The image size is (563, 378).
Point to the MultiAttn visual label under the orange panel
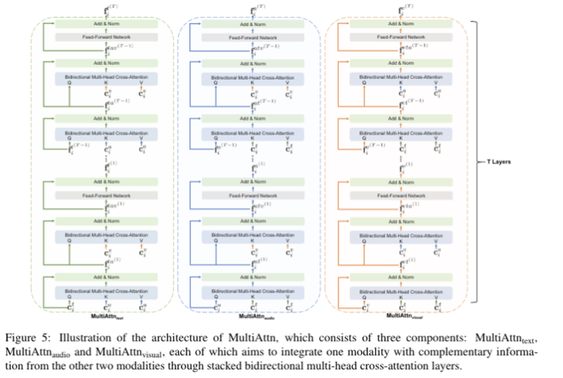[405, 315]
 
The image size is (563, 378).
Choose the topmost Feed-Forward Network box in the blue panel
[254, 37]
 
